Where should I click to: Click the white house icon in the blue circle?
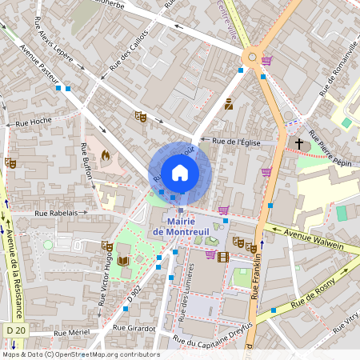click(180, 172)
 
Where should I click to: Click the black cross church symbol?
click(299, 143)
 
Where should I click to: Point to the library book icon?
click(123, 261)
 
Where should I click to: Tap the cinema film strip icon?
click(223, 256)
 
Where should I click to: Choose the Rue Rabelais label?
click(55, 214)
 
